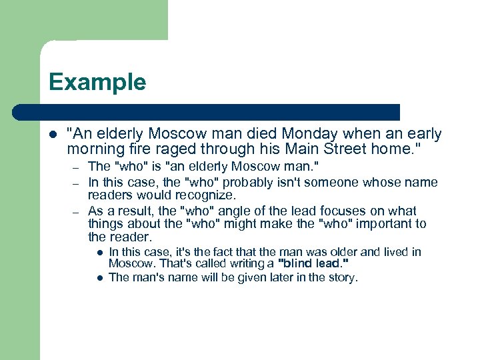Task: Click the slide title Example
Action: pos(97,82)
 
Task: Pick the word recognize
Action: pos(205,195)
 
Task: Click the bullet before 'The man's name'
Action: pos(98,278)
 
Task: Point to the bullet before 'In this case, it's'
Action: pos(98,253)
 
